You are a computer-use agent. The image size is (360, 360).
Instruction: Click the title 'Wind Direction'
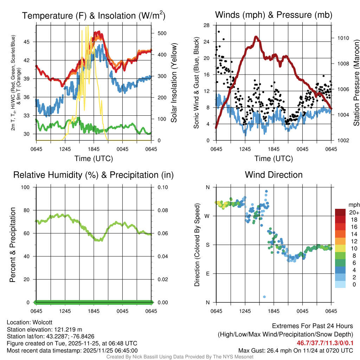coord(274,175)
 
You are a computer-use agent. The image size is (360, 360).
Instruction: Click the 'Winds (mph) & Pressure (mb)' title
coord(274,15)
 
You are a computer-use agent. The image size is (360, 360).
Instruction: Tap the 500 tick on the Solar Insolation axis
coord(162,33)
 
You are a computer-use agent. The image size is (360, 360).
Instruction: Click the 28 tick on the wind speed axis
coord(207,25)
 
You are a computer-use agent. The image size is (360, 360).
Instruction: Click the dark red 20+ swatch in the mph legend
coord(341,212)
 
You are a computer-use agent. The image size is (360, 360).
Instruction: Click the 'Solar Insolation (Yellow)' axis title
coord(174,83)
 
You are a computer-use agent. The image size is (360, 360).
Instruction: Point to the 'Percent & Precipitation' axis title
coord(13,245)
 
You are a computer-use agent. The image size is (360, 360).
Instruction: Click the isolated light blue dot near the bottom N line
coord(264,297)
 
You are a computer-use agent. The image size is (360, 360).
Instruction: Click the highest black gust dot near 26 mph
coord(219,32)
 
